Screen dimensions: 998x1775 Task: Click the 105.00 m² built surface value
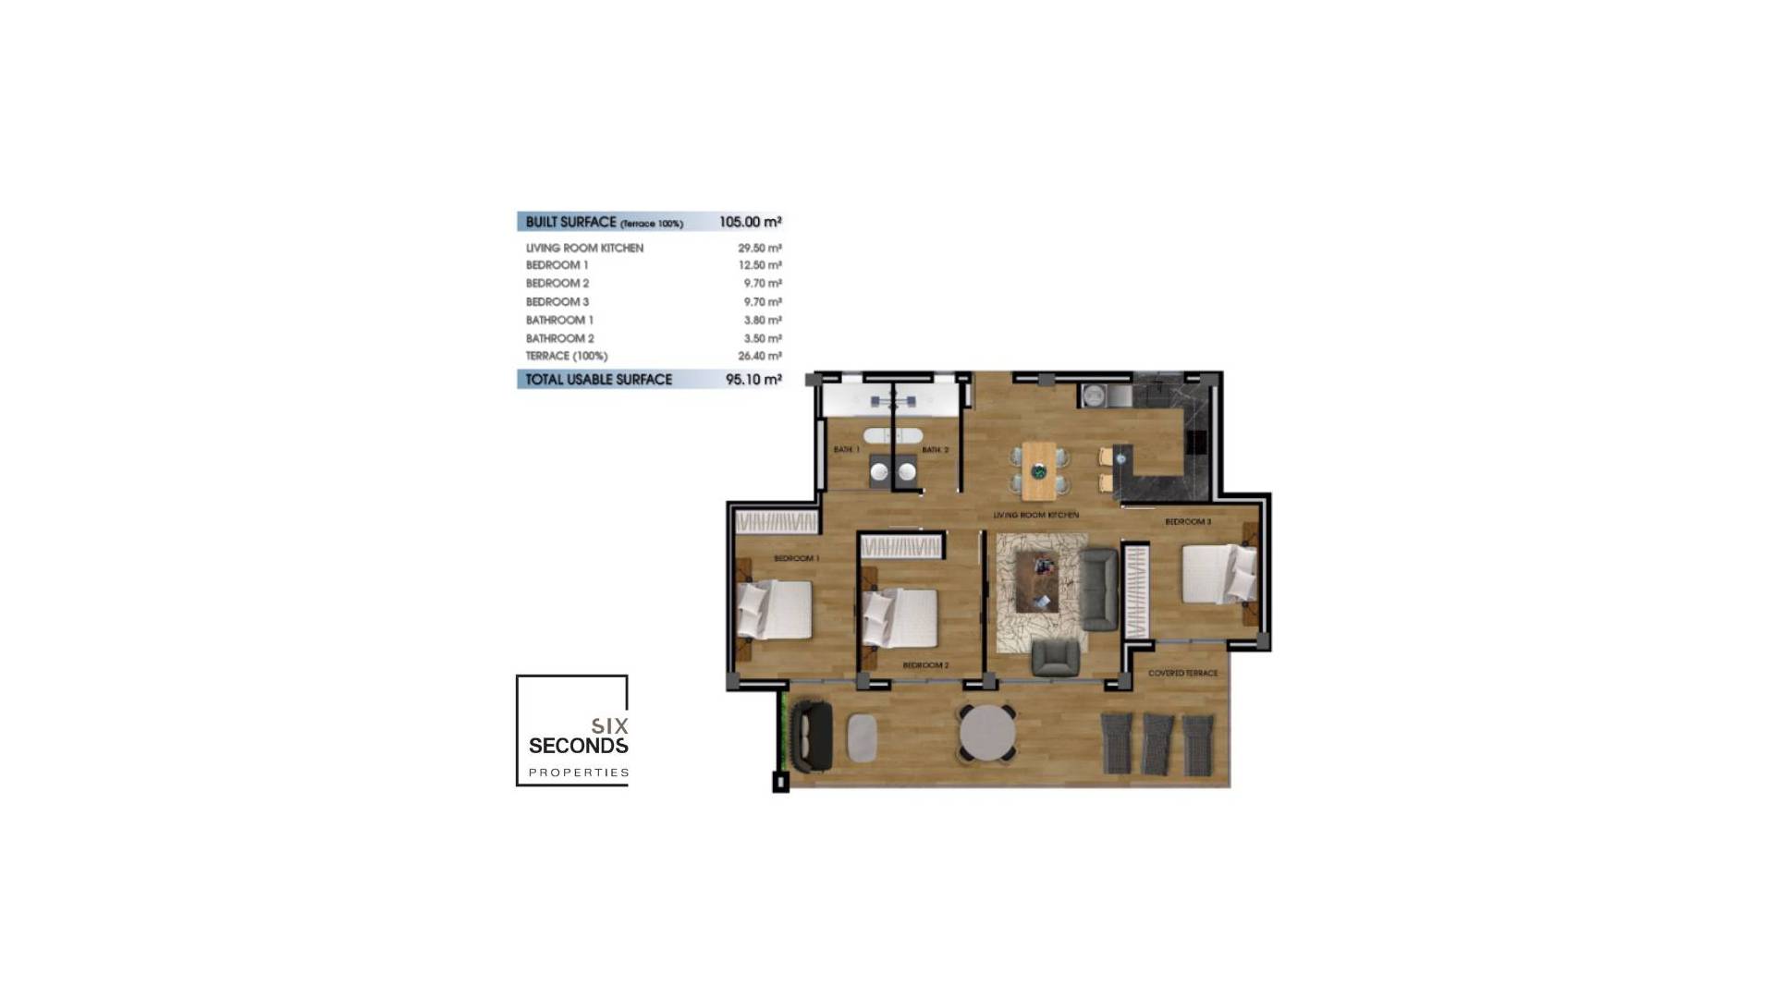coord(750,222)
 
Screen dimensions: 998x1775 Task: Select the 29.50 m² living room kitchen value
coord(759,248)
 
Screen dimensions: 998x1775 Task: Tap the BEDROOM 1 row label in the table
coord(557,265)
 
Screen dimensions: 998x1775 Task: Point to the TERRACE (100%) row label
coord(567,356)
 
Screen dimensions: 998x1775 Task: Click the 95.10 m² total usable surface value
coord(753,379)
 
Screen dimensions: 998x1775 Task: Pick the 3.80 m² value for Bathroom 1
coord(762,320)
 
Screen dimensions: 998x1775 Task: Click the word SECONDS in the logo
coord(578,745)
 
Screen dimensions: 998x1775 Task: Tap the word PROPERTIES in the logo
coord(579,773)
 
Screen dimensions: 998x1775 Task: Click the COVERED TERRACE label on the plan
coord(1182,673)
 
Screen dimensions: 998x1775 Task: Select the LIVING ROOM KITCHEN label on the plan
coord(1035,515)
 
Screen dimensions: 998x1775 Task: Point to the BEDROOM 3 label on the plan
coord(1188,522)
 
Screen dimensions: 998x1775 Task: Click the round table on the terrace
coord(987,733)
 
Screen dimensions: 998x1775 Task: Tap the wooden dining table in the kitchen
coord(1038,469)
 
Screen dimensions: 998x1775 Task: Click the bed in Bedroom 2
coord(900,616)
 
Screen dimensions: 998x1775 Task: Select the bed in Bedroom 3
coord(1218,574)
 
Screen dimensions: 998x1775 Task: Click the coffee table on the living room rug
coord(1037,582)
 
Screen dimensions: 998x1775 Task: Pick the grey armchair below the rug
coord(1055,657)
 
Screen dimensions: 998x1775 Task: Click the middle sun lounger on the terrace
coord(1157,743)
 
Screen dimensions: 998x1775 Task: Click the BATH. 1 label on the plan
coord(846,450)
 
